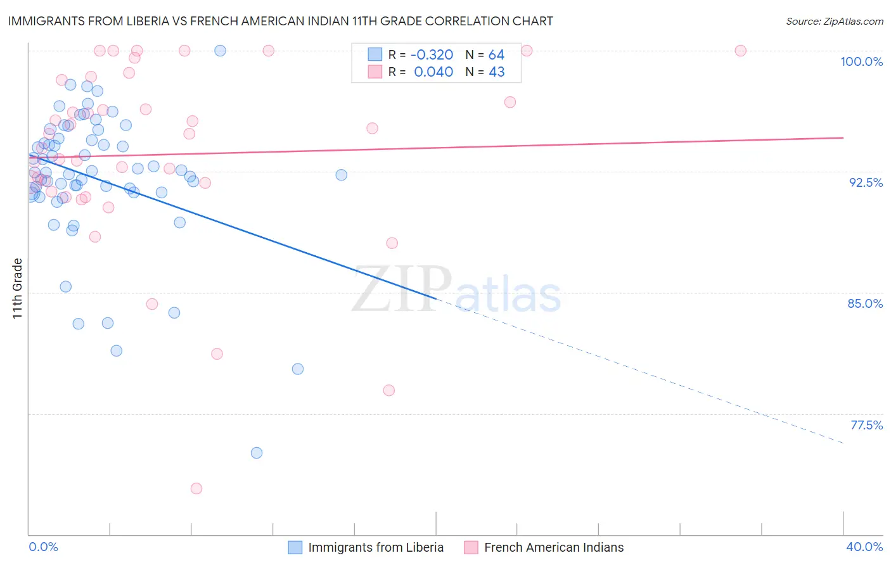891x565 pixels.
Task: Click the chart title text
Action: point(281,21)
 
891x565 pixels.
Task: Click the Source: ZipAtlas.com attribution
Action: point(834,21)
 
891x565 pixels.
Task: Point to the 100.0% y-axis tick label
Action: point(861,61)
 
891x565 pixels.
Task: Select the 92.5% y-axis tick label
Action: point(866,182)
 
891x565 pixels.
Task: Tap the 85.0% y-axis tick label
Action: point(865,303)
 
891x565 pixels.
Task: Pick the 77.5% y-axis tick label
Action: point(866,425)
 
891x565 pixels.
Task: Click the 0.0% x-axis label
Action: point(43,547)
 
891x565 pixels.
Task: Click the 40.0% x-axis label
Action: point(864,547)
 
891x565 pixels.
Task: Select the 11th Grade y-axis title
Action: point(18,288)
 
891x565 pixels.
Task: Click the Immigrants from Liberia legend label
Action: point(376,547)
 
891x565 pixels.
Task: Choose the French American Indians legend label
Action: point(554,547)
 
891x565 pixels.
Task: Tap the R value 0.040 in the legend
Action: point(433,72)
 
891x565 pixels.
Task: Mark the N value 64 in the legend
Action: point(496,55)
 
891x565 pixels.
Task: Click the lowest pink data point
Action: point(196,488)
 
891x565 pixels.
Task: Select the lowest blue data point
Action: point(257,453)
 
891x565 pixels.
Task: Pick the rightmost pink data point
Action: point(740,51)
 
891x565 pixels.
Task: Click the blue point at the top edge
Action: point(220,51)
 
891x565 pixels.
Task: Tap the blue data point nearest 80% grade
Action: point(298,369)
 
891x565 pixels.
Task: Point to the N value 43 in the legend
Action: point(496,72)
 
